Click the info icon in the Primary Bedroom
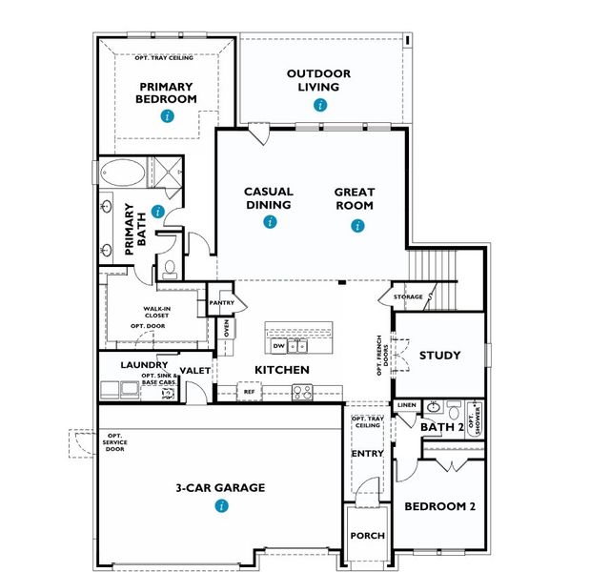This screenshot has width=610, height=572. [168, 116]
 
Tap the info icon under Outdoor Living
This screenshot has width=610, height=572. [320, 105]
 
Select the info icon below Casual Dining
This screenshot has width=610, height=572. [270, 222]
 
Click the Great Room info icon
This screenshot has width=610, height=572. [357, 226]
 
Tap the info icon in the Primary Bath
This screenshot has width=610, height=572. [157, 212]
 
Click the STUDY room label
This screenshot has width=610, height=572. [439, 356]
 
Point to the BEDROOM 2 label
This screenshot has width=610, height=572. [439, 506]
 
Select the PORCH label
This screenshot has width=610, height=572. [367, 536]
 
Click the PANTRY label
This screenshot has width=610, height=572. [221, 303]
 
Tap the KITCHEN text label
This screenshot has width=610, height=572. [281, 369]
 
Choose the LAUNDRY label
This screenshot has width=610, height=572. [145, 364]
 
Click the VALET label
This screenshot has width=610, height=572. [194, 371]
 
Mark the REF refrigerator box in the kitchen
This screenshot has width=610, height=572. [249, 391]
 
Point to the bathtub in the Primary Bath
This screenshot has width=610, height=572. [123, 175]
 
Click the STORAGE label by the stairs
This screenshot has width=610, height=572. [408, 297]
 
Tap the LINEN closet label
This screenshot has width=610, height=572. [406, 406]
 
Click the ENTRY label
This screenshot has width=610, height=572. [367, 453]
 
